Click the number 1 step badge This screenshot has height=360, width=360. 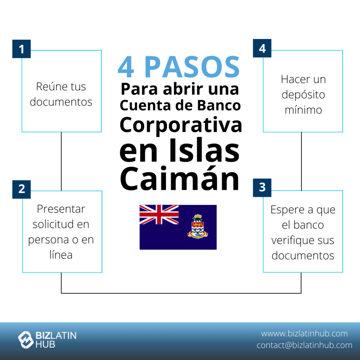(x=21, y=49)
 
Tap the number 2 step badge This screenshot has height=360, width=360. (x=21, y=189)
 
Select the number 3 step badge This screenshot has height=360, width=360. (x=262, y=187)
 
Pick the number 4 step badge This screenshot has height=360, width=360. (x=262, y=48)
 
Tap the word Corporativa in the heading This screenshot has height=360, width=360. (x=181, y=125)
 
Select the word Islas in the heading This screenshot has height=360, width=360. (x=205, y=152)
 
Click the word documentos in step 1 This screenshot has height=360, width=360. (x=61, y=102)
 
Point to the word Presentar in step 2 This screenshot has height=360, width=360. (x=61, y=209)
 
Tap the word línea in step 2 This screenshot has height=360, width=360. (x=61, y=255)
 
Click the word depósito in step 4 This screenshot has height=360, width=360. (x=303, y=95)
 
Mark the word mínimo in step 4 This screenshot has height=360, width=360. (x=303, y=110)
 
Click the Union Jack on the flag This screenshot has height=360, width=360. (x=159, y=214)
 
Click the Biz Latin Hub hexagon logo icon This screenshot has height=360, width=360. (x=26, y=340)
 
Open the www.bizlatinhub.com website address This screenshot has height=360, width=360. (x=304, y=333)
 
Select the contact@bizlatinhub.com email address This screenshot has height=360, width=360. (x=304, y=345)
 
